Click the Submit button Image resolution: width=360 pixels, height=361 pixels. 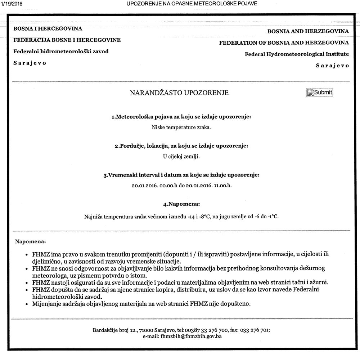pos(320,93)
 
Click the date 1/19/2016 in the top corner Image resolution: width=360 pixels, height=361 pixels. pos(12,4)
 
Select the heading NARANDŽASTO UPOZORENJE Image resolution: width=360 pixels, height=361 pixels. pos(179,93)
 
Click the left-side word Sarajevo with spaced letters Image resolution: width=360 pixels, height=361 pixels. pos(30,63)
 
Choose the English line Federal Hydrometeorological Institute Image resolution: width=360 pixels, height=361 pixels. pos(297,54)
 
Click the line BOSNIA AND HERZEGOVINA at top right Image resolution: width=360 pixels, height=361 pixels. pos(308,31)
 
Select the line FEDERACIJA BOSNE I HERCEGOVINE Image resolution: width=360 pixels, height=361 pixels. pos(67,40)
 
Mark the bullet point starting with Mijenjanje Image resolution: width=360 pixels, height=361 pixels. pos(141,304)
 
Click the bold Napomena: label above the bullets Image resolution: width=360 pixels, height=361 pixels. pos(30,241)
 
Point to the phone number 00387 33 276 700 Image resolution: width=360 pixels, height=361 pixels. pos(206,330)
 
